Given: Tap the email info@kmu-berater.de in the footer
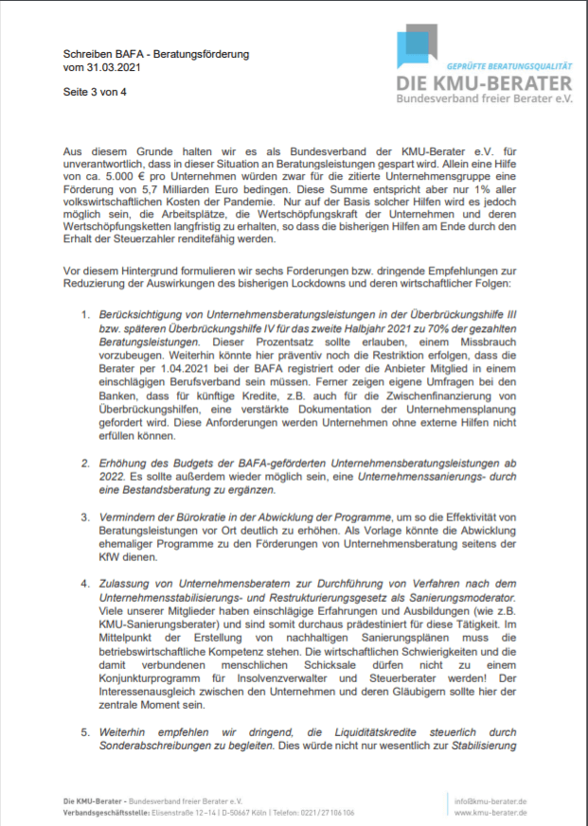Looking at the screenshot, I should pyautogui.click(x=490, y=800).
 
